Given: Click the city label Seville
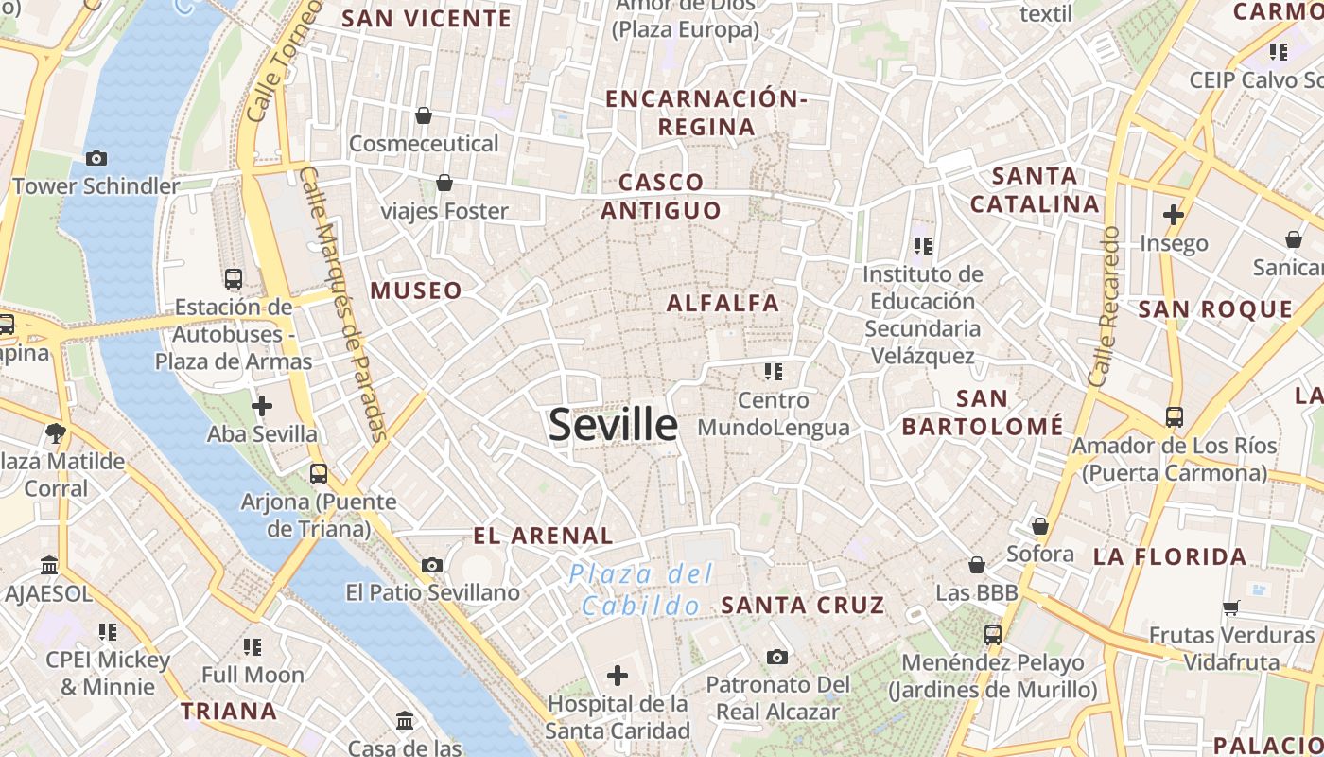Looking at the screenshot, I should click(x=613, y=425).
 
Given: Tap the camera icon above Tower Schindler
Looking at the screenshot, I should click(x=96, y=158).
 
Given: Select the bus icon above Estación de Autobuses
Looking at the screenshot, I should click(x=234, y=278).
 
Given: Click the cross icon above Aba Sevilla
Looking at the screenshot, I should click(x=262, y=406).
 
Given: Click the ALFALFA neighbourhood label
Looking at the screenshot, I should click(x=723, y=304).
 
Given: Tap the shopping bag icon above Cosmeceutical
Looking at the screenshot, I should click(x=424, y=115).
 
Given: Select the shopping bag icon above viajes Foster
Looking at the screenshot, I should click(x=444, y=183).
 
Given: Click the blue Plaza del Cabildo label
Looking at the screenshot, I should click(x=640, y=590).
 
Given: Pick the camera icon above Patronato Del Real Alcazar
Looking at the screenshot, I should click(x=777, y=657).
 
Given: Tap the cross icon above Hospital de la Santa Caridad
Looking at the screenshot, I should click(x=618, y=676).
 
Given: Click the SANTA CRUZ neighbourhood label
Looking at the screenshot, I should click(x=803, y=605).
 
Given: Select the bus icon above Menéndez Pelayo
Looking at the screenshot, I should click(x=993, y=634).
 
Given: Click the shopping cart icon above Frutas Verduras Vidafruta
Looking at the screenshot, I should click(x=1231, y=607).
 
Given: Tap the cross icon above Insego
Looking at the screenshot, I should click(x=1174, y=215).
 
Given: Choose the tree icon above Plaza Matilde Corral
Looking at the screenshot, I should click(x=56, y=433).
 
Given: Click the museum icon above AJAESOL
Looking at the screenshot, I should click(x=49, y=565).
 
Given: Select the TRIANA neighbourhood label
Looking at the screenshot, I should click(x=229, y=711).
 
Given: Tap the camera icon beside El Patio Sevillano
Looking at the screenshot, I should click(x=432, y=565).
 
